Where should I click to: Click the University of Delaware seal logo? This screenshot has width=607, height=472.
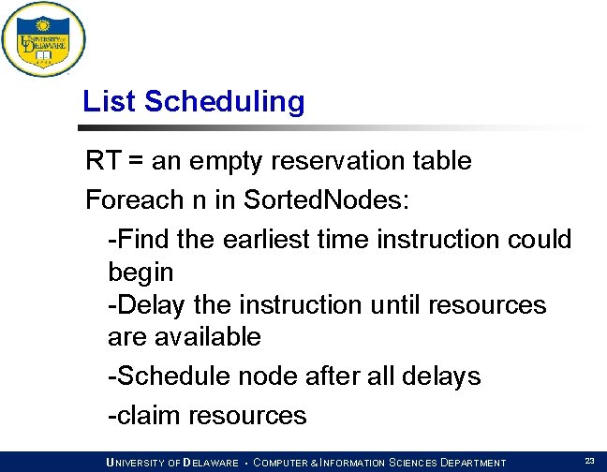(43, 39)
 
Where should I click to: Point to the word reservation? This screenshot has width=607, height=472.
(333, 161)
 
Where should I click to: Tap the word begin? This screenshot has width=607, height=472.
(141, 273)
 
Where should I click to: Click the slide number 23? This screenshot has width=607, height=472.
(589, 461)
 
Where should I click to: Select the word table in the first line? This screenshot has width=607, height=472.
(439, 161)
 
